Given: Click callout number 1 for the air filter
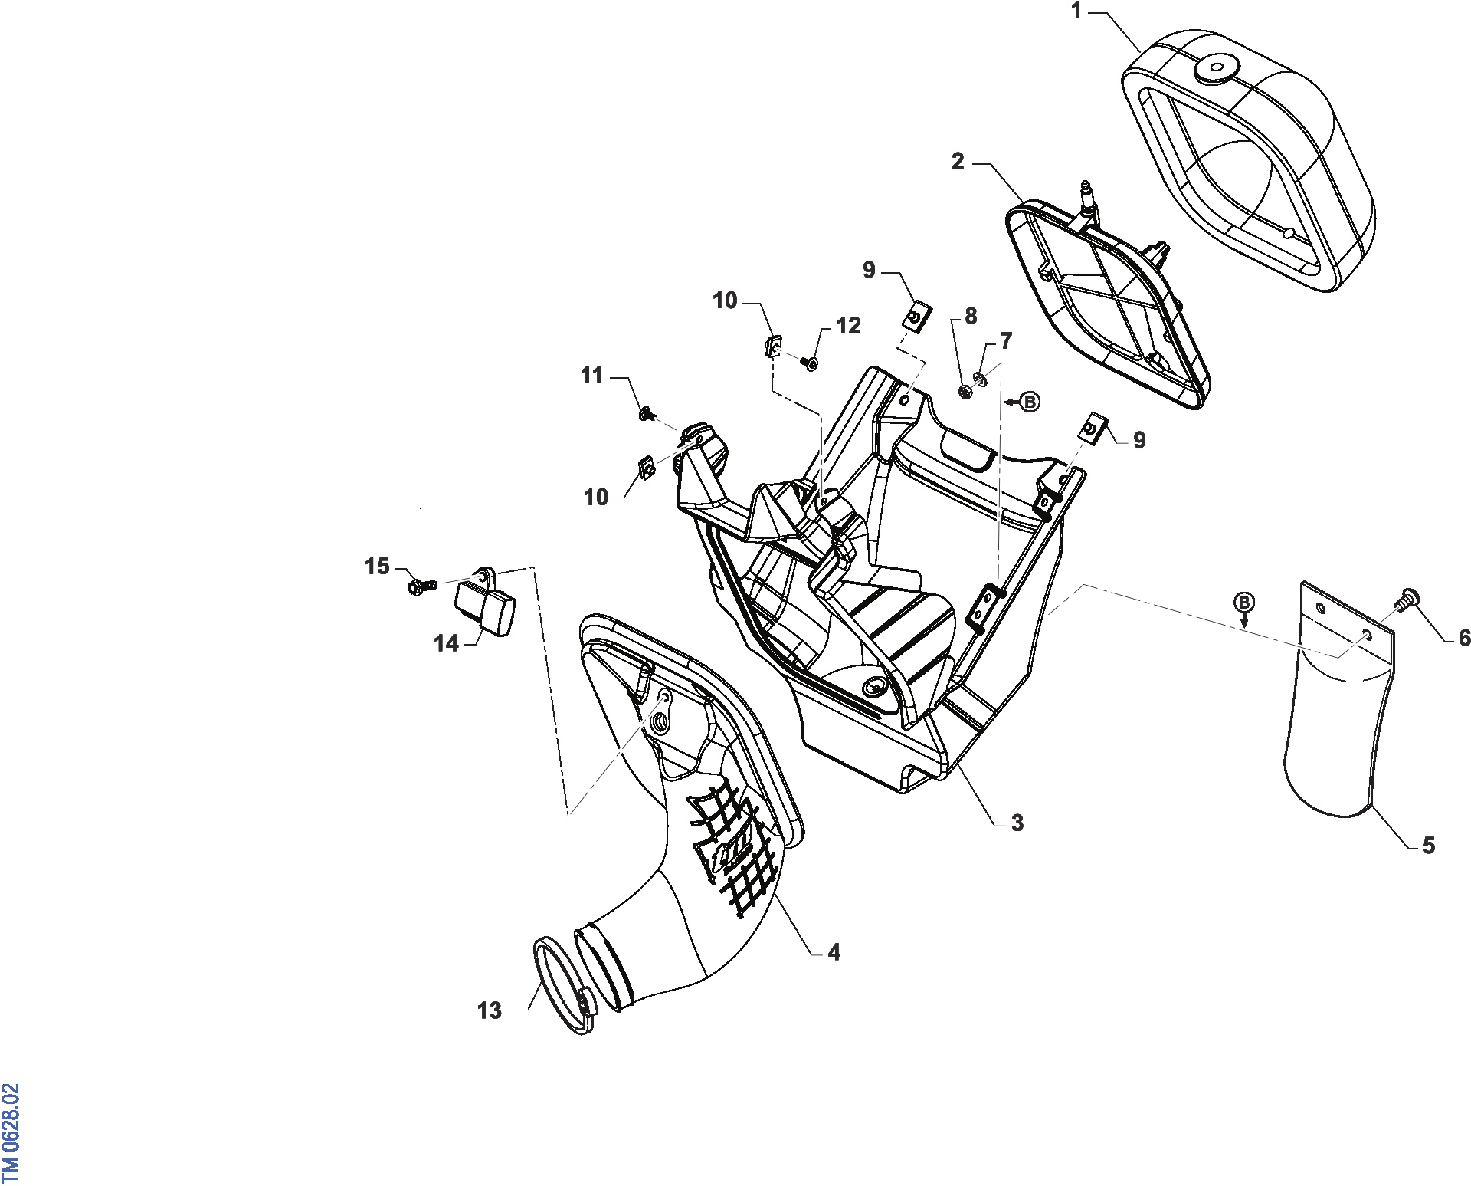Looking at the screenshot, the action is coord(1076,11).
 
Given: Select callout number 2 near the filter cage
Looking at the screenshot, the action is coord(958,162).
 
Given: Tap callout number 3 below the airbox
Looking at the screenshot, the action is coord(1017,823).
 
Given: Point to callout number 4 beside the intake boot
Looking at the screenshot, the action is coord(834,952).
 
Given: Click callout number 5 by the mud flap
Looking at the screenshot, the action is coord(1429,846).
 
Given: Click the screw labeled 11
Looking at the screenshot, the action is coord(648,415).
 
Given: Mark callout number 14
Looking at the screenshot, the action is coord(446,643).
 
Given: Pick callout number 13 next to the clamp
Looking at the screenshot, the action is coord(490,1010).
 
